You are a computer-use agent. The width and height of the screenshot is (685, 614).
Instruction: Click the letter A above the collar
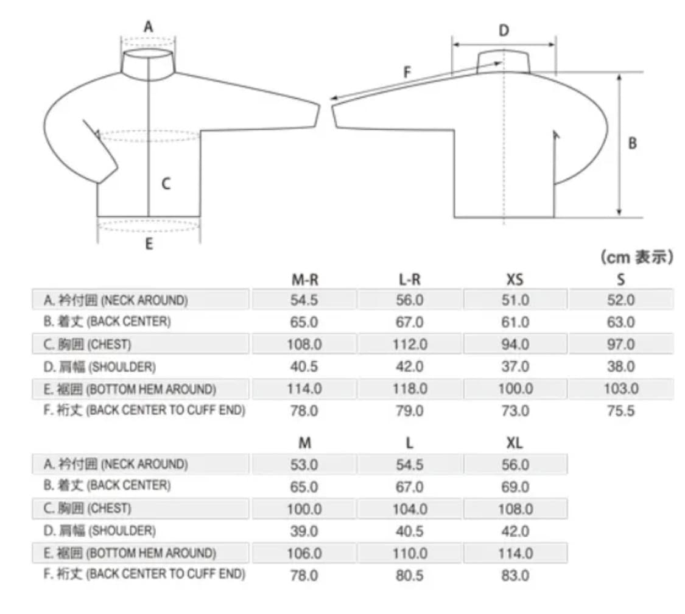149,27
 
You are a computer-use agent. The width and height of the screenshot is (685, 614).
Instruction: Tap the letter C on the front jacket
166,183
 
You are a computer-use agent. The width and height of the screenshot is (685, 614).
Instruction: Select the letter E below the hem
149,244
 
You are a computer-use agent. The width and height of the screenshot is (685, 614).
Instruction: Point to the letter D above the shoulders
504,30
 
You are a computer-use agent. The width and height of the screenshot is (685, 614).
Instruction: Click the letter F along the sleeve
407,72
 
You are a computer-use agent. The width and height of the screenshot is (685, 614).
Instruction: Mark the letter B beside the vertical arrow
632,143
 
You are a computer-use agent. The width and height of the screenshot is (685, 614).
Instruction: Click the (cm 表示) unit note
637,257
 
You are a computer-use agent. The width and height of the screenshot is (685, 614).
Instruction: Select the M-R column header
304,280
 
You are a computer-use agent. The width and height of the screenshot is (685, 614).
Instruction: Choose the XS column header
515,280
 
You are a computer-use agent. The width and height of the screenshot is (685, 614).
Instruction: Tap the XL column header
515,443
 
